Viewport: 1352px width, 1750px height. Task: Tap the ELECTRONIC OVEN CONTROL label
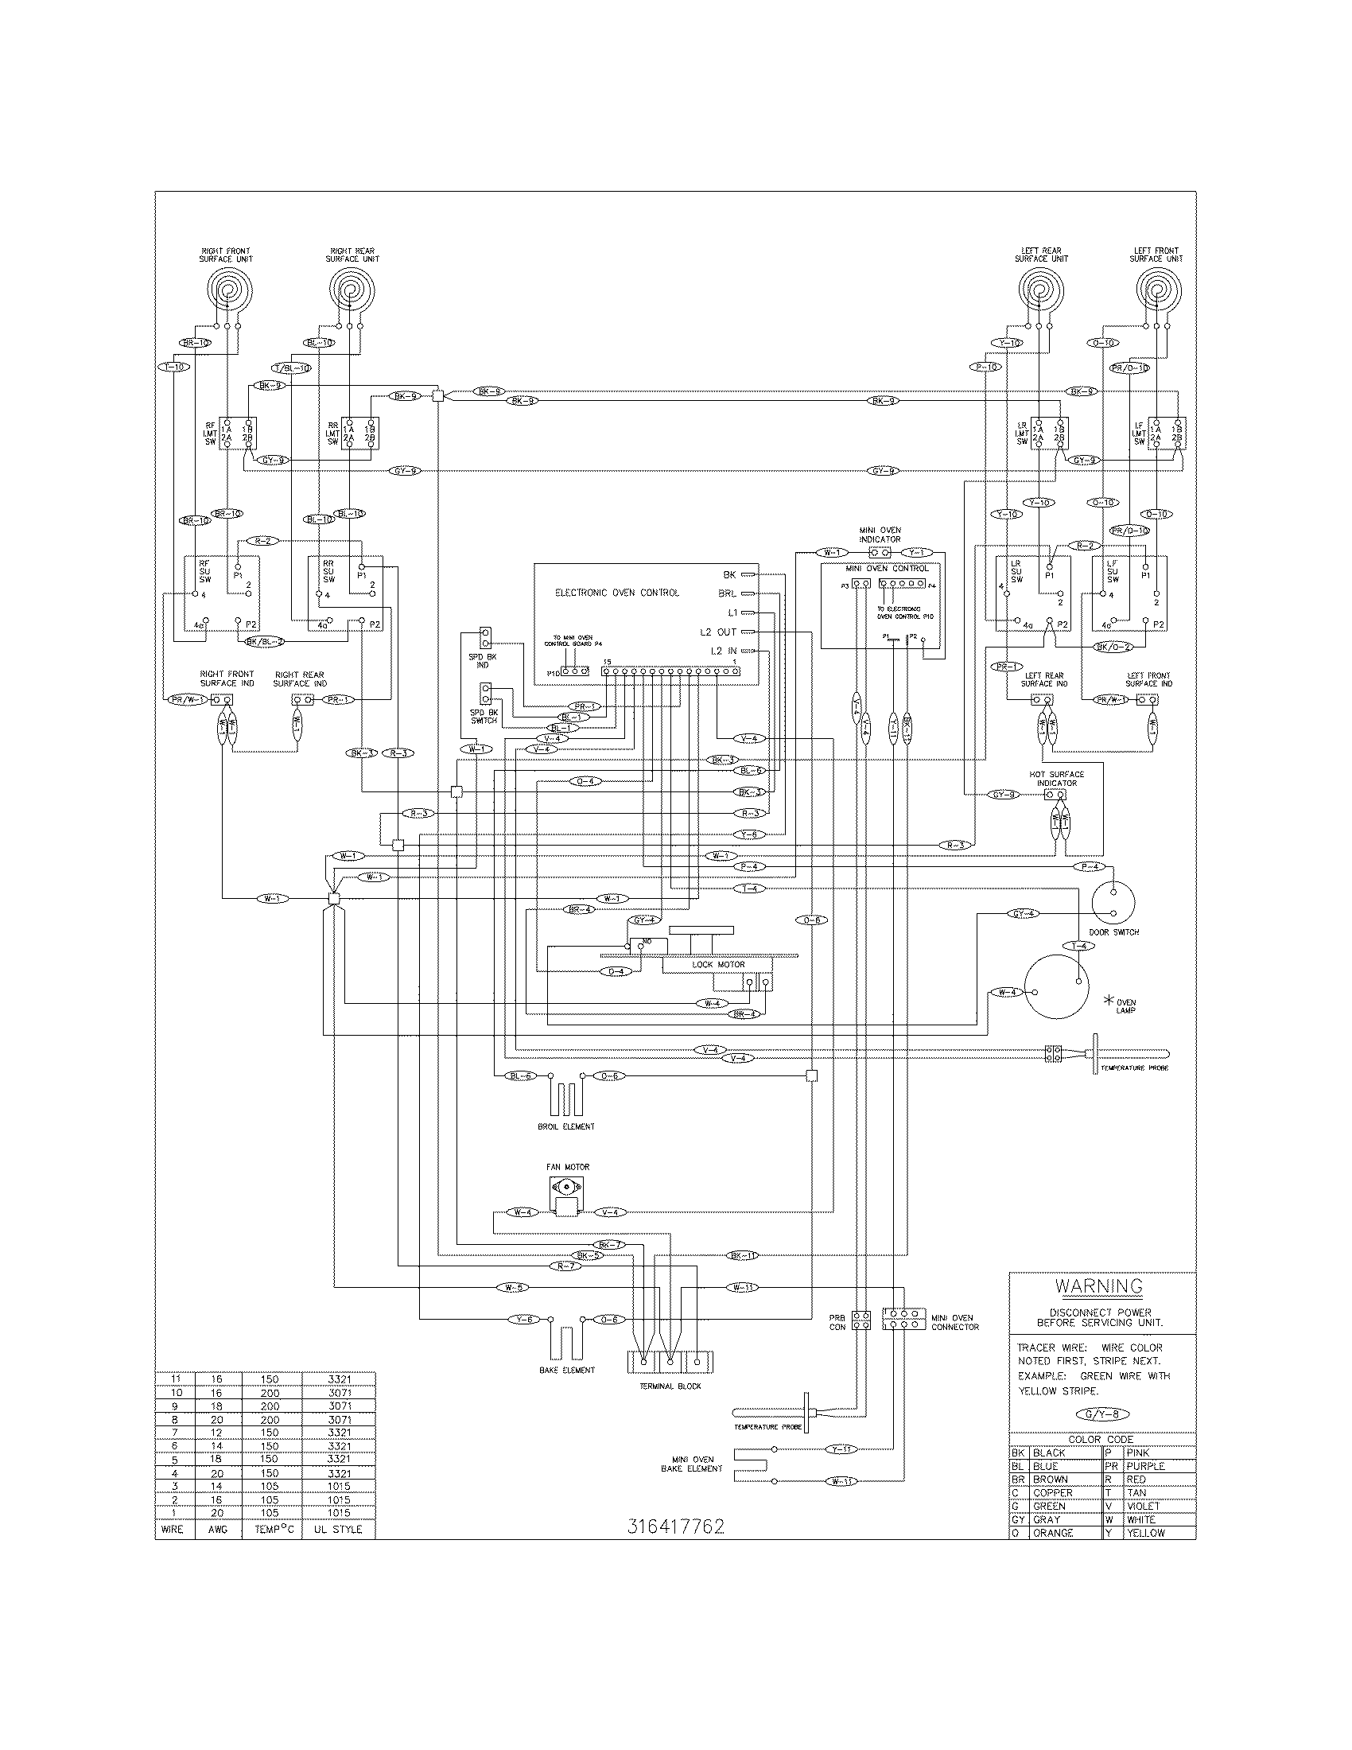(x=616, y=593)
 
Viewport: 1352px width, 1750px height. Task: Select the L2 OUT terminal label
(x=717, y=632)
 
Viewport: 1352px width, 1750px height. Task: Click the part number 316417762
(x=676, y=1526)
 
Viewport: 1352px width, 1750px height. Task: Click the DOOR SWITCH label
(x=1113, y=932)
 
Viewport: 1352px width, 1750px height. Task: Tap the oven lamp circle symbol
(x=1057, y=986)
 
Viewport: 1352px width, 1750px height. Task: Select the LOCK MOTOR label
(x=718, y=964)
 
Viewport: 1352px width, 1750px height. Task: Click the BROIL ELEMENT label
(x=566, y=1126)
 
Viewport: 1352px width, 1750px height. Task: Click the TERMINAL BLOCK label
(x=670, y=1386)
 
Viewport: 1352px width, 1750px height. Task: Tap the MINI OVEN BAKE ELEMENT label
(x=692, y=1464)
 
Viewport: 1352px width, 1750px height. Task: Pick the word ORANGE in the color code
(x=1052, y=1533)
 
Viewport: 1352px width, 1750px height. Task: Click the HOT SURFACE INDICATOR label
(x=1056, y=778)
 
